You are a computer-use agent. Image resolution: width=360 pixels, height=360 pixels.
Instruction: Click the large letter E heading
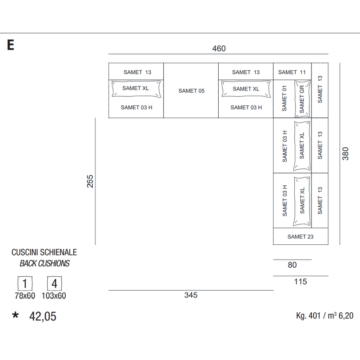click(10, 45)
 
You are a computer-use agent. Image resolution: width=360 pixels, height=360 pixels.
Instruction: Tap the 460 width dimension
click(219, 49)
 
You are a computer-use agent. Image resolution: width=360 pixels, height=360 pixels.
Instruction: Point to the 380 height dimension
click(345, 153)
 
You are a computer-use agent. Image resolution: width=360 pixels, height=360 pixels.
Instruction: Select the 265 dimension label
click(90, 181)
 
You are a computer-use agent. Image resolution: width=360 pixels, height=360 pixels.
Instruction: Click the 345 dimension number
click(191, 295)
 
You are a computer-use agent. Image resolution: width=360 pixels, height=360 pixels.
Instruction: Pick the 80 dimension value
click(292, 265)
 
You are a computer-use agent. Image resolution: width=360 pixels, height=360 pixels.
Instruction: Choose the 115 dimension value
click(300, 282)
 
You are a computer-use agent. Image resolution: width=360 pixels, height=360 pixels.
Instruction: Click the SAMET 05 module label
click(191, 91)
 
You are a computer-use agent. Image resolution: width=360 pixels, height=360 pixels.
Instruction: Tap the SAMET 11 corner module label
click(292, 72)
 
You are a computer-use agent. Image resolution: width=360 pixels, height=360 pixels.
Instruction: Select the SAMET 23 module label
click(300, 237)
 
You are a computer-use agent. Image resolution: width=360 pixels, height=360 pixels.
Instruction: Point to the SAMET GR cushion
click(302, 99)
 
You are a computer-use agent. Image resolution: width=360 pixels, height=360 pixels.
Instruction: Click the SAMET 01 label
click(284, 99)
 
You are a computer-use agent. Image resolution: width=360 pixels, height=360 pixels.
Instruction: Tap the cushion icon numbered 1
click(25, 283)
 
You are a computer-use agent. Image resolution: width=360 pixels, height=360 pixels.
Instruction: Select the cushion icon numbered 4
click(54, 283)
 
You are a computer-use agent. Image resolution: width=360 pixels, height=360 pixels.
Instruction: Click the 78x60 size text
click(25, 296)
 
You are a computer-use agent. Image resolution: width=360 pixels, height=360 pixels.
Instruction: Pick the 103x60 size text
click(54, 296)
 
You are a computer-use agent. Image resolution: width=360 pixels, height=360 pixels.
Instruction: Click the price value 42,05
click(43, 316)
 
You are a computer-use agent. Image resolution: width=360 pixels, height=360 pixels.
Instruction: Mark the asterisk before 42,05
click(15, 315)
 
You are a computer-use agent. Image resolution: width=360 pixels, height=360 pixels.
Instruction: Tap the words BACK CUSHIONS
click(45, 263)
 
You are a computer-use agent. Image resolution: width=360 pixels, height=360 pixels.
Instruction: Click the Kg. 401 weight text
click(308, 316)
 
